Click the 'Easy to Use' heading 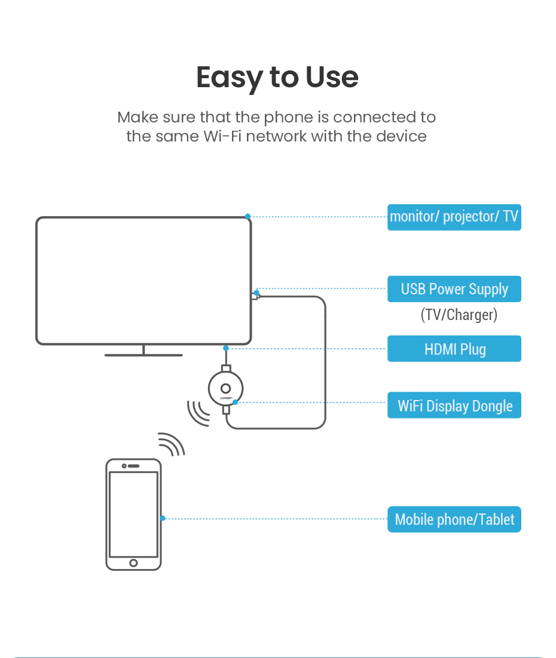click(x=277, y=78)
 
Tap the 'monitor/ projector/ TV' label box click(x=454, y=216)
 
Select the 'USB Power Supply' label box click(x=454, y=289)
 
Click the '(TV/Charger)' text click(x=459, y=315)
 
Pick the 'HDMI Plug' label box click(x=454, y=349)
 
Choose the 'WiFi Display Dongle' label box click(x=454, y=405)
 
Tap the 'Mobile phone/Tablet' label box click(x=454, y=519)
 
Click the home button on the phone click(x=133, y=562)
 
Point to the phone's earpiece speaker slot click(x=133, y=466)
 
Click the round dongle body click(x=225, y=389)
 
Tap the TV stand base click(x=143, y=355)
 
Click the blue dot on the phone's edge click(x=163, y=518)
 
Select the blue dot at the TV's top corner click(x=248, y=216)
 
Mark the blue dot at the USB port click(x=256, y=293)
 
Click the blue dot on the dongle click(x=236, y=402)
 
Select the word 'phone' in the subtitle click(x=289, y=117)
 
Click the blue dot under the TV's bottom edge click(x=225, y=348)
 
